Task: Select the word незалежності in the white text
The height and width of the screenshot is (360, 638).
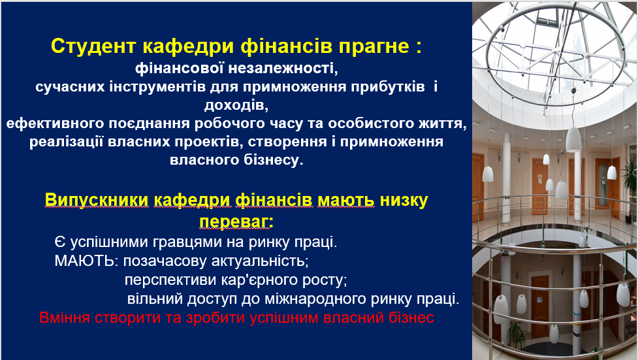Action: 283,68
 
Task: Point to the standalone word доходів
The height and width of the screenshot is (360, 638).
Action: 236,105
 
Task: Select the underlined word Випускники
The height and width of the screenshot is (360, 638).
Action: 97,201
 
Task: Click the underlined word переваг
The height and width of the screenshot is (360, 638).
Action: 236,222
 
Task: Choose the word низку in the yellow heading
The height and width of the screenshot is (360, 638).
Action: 404,201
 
